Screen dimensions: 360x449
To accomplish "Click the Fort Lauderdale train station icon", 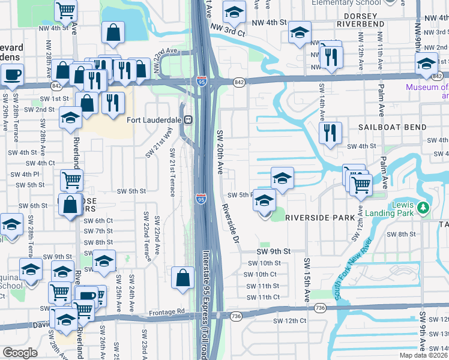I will [188, 119].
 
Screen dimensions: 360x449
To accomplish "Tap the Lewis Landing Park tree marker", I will [424, 208].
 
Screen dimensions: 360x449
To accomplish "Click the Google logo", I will [20, 353].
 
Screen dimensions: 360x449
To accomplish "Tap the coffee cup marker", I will [11, 75].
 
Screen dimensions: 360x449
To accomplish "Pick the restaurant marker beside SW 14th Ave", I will [330, 133].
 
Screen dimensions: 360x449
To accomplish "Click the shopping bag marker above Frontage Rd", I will [182, 278].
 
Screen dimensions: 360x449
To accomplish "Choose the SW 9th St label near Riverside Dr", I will [273, 251].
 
